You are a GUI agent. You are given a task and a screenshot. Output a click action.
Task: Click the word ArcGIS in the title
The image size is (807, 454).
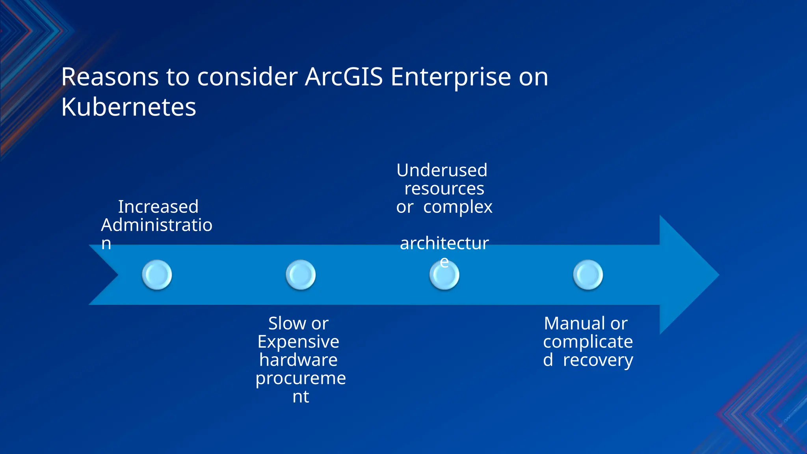[x=344, y=77]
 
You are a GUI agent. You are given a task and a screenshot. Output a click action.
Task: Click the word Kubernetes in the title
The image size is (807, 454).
[x=128, y=107]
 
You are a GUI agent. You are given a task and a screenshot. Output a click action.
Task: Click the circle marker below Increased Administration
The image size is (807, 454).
[x=157, y=275]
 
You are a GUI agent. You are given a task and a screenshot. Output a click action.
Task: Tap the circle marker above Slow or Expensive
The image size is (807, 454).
[x=301, y=275]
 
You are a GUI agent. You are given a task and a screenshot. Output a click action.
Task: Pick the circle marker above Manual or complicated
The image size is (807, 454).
[x=588, y=275]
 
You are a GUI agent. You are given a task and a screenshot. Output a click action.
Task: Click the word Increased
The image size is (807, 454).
[x=158, y=207]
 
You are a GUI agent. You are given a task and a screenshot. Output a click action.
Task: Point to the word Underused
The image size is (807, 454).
[x=442, y=170]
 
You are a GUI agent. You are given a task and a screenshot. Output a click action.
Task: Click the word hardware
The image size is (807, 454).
[x=298, y=360]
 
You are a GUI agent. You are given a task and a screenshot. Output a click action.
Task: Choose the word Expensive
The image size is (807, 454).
[x=298, y=342]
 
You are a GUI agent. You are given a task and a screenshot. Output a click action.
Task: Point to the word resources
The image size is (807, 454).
[x=444, y=189]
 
